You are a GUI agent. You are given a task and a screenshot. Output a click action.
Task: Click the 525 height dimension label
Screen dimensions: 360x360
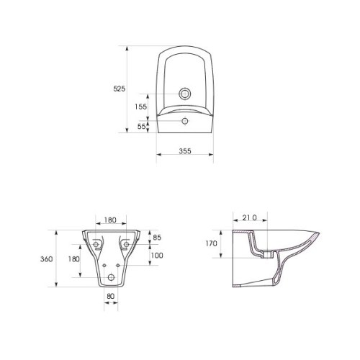[x=120, y=89]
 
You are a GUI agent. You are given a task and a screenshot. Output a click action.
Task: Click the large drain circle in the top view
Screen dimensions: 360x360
[x=186, y=94]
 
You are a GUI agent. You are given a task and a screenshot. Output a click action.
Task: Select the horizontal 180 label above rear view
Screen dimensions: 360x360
[x=111, y=220]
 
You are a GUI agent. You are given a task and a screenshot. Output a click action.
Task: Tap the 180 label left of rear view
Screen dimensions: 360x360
[x=73, y=258]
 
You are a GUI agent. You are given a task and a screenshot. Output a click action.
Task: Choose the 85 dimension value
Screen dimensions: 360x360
[x=158, y=237]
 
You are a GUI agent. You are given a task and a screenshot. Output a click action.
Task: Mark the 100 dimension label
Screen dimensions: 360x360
[x=158, y=255]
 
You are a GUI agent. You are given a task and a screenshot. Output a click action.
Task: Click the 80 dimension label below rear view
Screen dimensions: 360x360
[x=110, y=294]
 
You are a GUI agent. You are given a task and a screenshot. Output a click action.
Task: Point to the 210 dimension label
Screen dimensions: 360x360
[x=250, y=217]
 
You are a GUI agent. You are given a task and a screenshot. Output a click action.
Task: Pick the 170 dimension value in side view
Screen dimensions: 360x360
[x=210, y=244]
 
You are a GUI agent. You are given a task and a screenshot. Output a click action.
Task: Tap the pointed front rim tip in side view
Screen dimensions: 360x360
[x=319, y=233]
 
